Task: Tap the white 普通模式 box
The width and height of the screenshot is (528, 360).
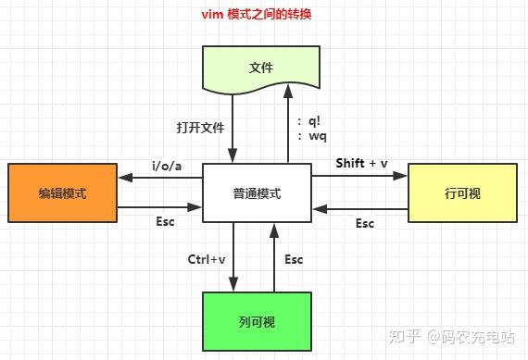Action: [256, 193]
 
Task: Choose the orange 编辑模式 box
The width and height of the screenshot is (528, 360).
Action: [62, 193]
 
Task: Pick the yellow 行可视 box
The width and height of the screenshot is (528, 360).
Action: [462, 193]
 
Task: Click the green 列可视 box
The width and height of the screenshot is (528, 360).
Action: [256, 322]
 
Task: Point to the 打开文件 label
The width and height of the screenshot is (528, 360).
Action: [200, 128]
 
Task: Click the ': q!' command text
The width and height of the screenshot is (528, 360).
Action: [310, 120]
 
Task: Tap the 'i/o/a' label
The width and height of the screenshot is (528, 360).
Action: [165, 166]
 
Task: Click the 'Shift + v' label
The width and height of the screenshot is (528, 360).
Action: [361, 163]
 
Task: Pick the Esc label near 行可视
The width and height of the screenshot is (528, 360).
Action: [365, 223]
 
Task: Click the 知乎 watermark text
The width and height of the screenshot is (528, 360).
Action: [405, 337]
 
